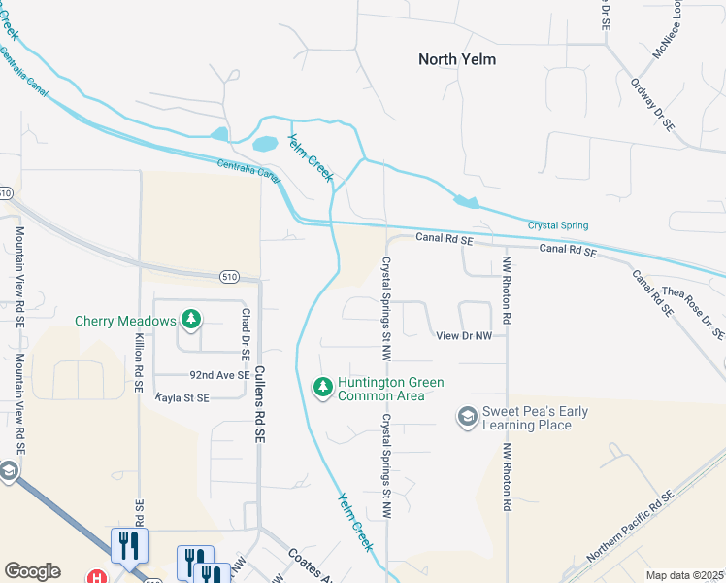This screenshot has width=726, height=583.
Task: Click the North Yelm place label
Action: click(456, 59)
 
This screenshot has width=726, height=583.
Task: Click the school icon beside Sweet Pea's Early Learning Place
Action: click(468, 417)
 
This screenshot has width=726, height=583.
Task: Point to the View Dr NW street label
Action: click(465, 335)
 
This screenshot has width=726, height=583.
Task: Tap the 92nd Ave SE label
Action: click(219, 374)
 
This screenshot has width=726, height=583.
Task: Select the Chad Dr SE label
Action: click(247, 330)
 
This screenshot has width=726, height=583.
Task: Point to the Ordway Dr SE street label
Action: click(654, 107)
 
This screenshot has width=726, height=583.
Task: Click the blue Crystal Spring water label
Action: click(557, 225)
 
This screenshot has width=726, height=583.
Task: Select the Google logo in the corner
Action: click(32, 571)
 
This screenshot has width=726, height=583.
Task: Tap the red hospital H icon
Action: click(97, 576)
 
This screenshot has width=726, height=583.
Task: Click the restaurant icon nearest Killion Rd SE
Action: click(129, 545)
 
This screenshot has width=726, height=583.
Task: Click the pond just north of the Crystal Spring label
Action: click(467, 202)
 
